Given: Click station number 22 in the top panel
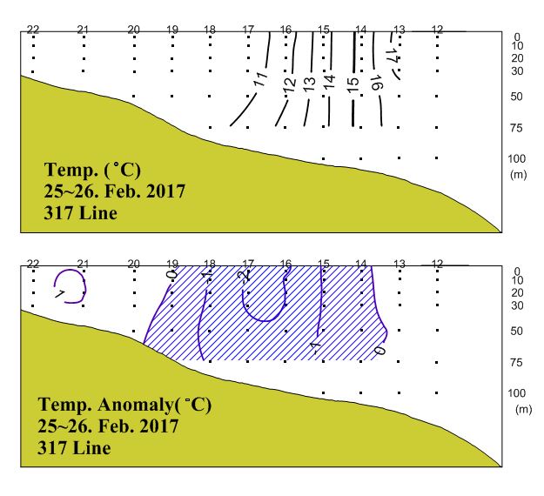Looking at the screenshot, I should coord(33,30).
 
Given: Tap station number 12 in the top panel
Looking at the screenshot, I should coord(437,30).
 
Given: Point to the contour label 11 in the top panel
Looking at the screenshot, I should coord(260,80).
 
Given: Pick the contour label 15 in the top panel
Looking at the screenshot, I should coord(352,84).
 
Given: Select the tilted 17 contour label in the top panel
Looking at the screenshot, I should coord(393,54).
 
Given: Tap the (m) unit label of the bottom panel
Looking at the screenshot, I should coord(522,409).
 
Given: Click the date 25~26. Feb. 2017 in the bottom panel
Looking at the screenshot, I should coord(109,427).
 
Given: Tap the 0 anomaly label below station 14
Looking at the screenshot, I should coord(379,350).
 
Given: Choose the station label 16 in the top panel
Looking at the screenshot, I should coord(285,30).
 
